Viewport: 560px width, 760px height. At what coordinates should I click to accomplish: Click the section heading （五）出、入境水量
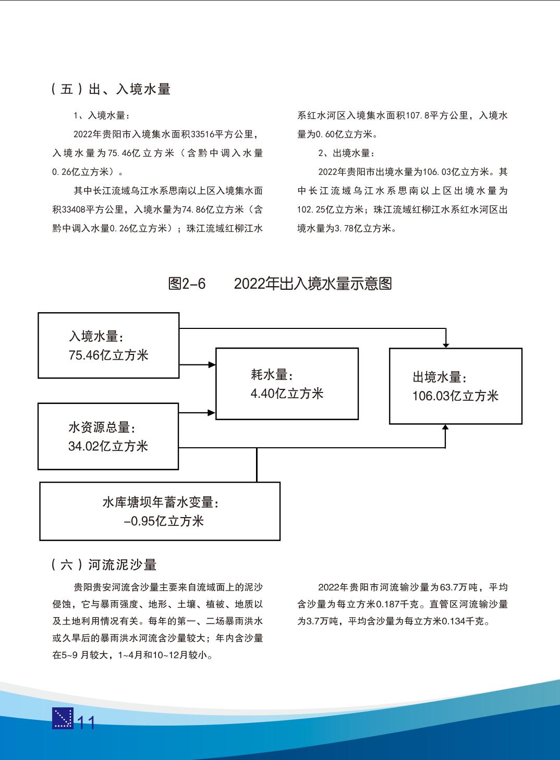[x=111, y=89]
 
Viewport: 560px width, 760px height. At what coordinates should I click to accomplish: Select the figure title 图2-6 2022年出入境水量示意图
[x=280, y=284]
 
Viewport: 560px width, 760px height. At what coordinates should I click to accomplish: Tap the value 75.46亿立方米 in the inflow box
[x=108, y=356]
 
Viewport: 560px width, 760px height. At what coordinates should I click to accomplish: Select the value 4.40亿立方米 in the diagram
[x=287, y=394]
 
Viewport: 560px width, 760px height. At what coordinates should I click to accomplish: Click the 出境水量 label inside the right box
[x=440, y=377]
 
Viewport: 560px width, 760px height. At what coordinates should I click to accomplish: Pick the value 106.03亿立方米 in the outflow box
[x=455, y=396]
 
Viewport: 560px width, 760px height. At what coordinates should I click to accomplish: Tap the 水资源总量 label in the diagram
[x=102, y=427]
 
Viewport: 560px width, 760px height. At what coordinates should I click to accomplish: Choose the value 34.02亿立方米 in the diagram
[x=108, y=446]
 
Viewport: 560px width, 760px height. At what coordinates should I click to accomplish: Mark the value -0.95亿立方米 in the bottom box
[x=164, y=521]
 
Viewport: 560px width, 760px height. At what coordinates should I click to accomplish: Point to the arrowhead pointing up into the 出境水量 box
[x=445, y=427]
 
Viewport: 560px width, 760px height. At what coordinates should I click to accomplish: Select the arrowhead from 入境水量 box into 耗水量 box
[x=211, y=365]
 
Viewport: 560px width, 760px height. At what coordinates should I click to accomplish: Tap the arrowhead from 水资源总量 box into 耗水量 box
[x=211, y=412]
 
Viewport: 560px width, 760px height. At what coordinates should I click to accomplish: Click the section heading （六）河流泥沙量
[x=104, y=565]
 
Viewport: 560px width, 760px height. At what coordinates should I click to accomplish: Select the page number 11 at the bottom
[x=86, y=723]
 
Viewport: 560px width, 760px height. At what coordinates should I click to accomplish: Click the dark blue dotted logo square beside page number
[x=63, y=719]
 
